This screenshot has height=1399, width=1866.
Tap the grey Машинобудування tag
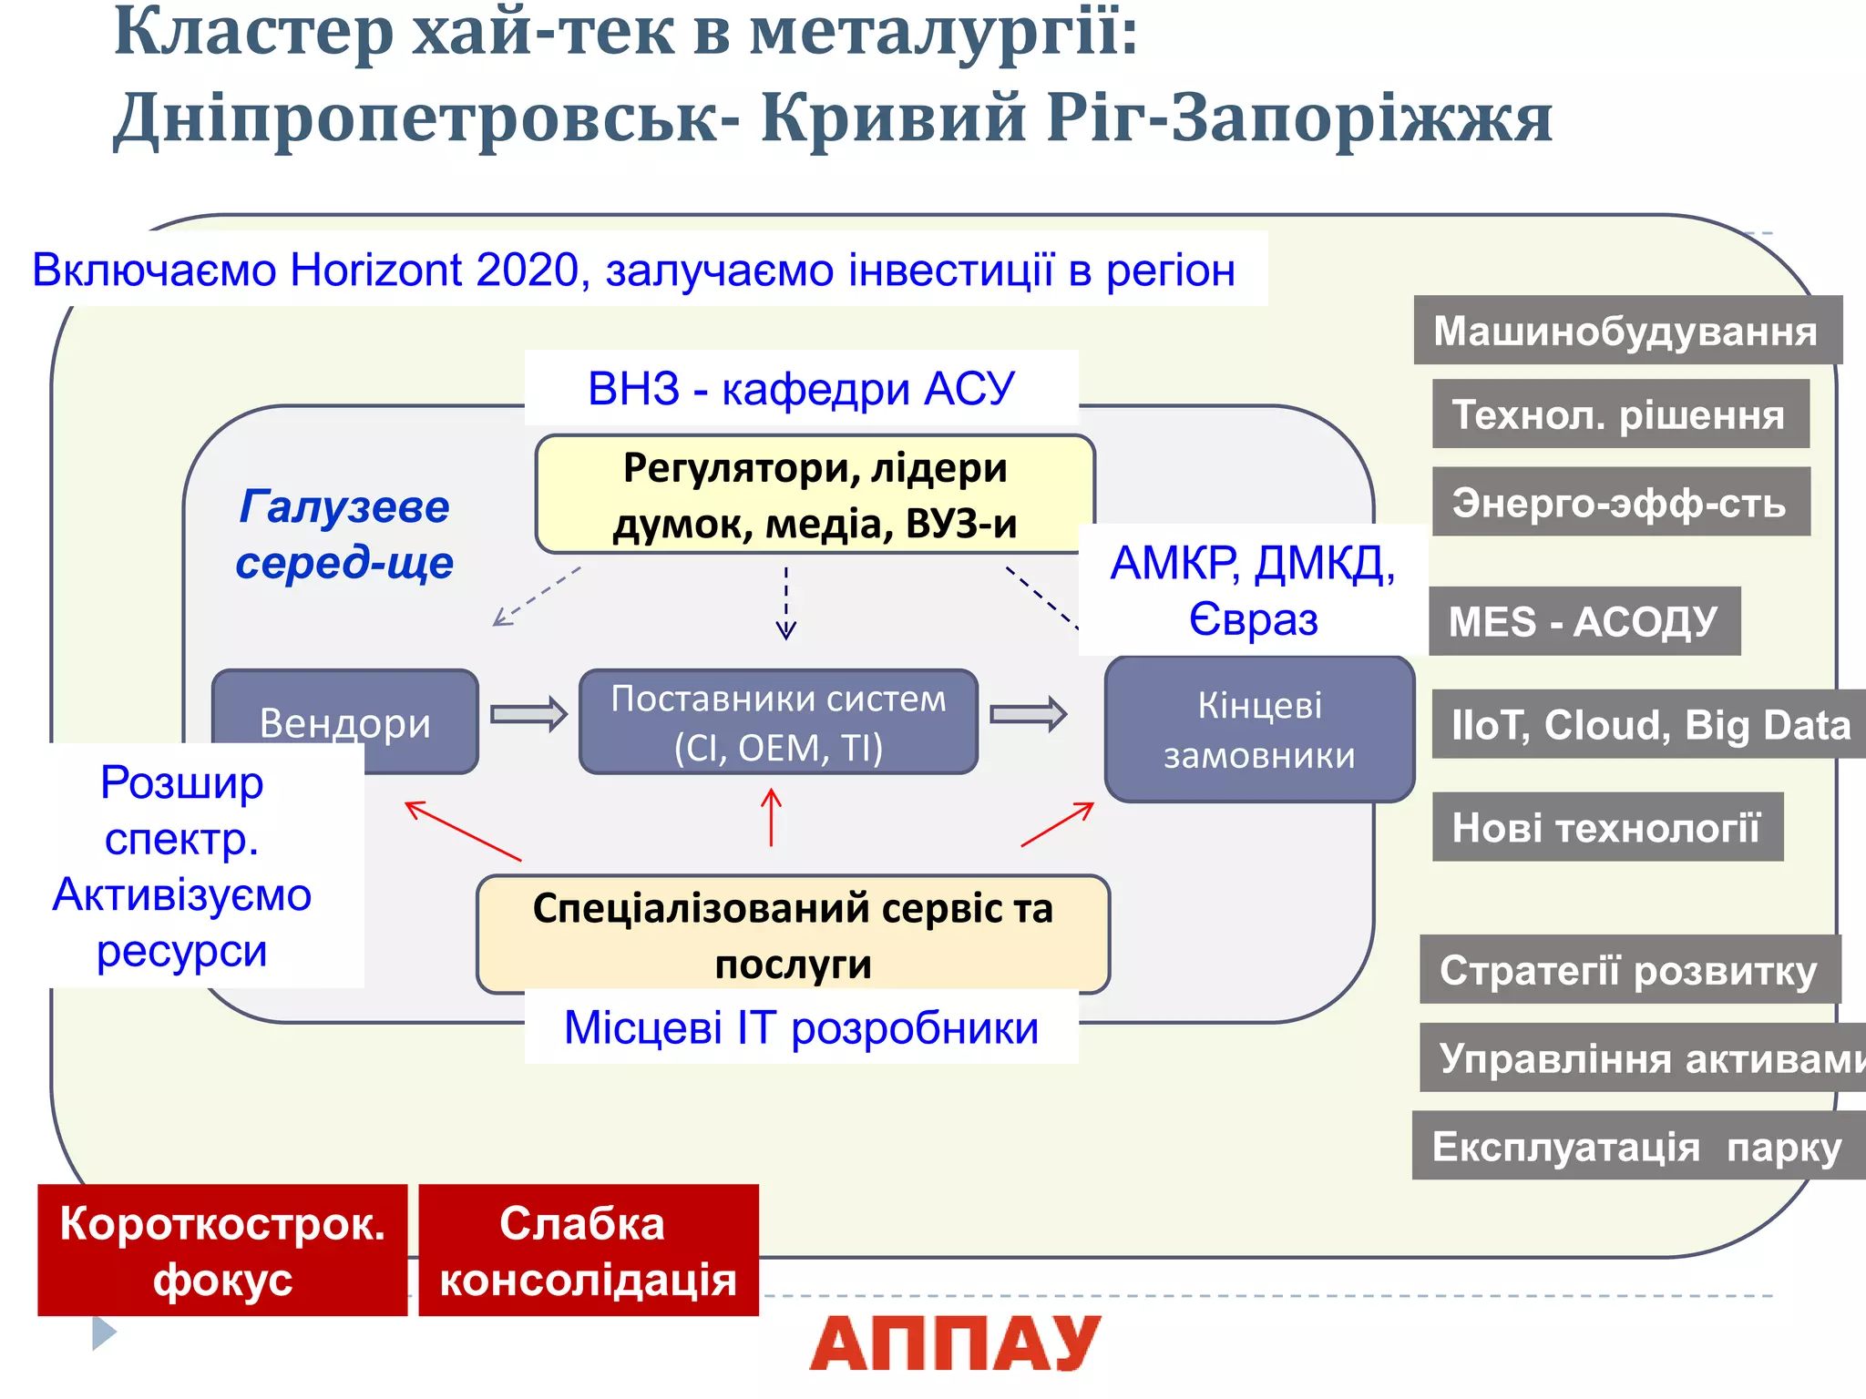(x=1626, y=331)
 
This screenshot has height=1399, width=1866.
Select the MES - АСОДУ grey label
(x=1584, y=622)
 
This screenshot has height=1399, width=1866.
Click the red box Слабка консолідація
(x=588, y=1251)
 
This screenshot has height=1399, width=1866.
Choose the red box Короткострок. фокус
(x=222, y=1251)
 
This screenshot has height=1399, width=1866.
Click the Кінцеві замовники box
(x=1259, y=730)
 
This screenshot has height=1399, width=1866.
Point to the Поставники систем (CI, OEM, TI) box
(x=778, y=722)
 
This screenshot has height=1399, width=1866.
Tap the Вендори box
(x=344, y=710)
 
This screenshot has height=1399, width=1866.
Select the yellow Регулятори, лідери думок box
(x=814, y=495)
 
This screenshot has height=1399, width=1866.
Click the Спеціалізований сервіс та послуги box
(x=793, y=934)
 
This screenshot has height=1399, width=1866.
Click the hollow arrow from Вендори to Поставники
(x=528, y=714)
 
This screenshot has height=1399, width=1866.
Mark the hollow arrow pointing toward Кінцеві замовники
(x=1028, y=714)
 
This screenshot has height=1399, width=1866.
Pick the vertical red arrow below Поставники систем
(x=772, y=817)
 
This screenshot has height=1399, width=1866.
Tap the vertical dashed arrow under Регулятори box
(x=785, y=603)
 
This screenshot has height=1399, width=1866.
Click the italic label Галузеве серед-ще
(x=344, y=535)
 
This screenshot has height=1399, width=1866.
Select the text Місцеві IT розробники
(x=801, y=1028)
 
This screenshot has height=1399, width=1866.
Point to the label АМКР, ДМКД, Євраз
(x=1253, y=590)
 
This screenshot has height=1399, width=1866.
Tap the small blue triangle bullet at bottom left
(x=104, y=1333)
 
